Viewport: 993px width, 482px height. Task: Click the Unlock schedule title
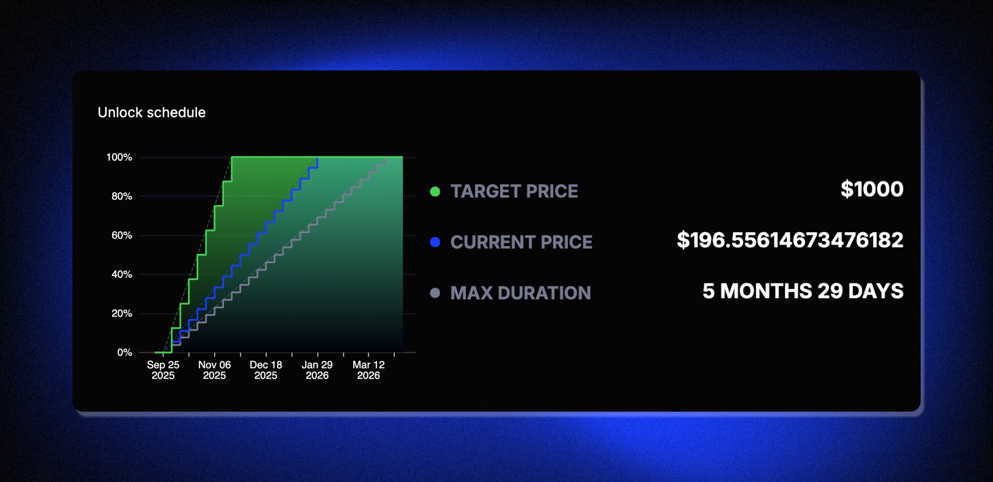tap(152, 112)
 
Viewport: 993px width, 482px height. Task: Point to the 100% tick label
tap(119, 157)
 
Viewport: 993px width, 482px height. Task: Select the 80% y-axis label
tap(122, 196)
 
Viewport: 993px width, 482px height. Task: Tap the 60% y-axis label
tap(122, 235)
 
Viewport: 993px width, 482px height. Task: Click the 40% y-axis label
tap(122, 274)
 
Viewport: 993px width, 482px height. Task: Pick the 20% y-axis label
tap(122, 313)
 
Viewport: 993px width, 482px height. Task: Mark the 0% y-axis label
tap(125, 352)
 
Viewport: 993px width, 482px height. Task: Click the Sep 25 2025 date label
tap(163, 370)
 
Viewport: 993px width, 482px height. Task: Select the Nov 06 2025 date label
tap(214, 370)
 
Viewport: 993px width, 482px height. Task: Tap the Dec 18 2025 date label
tap(266, 370)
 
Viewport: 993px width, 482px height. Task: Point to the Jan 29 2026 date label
tap(317, 370)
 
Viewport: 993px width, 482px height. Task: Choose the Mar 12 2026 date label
tap(368, 370)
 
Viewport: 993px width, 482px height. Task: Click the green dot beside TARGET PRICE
tap(435, 191)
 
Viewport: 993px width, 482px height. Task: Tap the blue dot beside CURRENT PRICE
tap(435, 242)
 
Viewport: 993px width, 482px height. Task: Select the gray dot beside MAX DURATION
tap(435, 293)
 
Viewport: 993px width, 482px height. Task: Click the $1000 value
tap(872, 189)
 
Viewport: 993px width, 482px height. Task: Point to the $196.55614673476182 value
tap(790, 240)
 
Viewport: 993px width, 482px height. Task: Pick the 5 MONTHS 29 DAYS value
tap(803, 291)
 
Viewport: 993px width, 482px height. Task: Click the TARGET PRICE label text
tap(514, 191)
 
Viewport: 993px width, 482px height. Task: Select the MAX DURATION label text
tap(520, 293)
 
